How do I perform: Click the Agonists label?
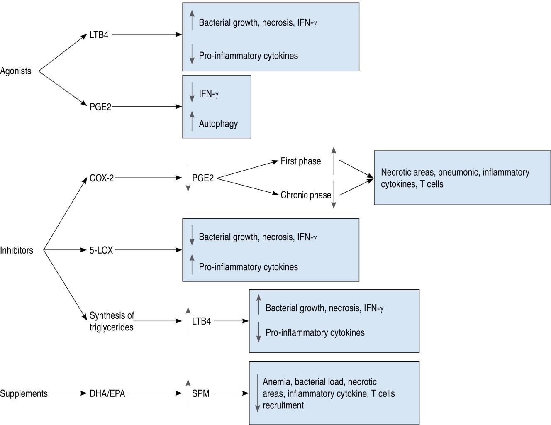click(16, 71)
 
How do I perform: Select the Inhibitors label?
click(17, 250)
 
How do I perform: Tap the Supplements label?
click(24, 393)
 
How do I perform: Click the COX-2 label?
click(102, 178)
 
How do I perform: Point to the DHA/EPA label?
click(107, 393)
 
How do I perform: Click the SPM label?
click(201, 393)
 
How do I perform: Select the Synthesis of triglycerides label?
click(112, 321)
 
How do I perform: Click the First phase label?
click(301, 161)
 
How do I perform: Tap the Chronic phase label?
click(306, 195)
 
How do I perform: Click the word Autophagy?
click(218, 124)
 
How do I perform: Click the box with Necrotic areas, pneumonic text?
click(462, 178)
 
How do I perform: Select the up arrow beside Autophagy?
click(192, 121)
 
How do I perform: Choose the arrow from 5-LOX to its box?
click(148, 250)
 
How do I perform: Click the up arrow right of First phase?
click(334, 160)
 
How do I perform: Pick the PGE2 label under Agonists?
click(100, 107)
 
